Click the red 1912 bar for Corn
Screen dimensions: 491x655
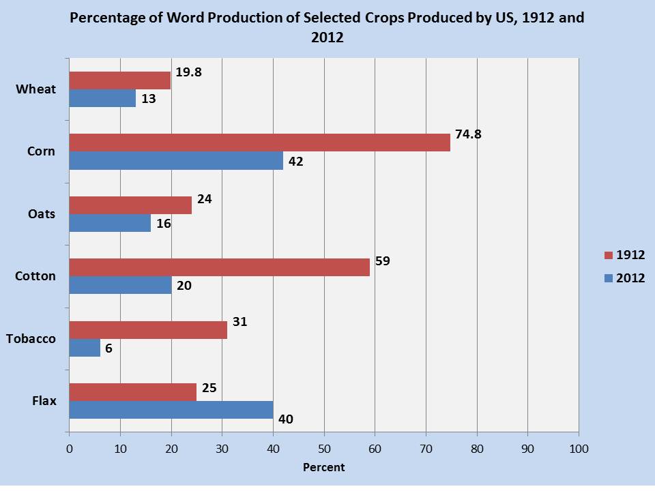pyautogui.click(x=259, y=142)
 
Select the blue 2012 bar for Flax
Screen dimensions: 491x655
pyautogui.click(x=171, y=410)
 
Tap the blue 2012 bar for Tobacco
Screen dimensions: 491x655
pyautogui.click(x=85, y=348)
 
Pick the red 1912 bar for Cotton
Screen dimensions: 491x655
pyautogui.click(x=219, y=267)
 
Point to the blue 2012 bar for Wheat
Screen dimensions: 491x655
pyautogui.click(x=102, y=98)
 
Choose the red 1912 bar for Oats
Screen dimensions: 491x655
pyautogui.click(x=130, y=205)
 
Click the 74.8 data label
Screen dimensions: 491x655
pyautogui.click(x=468, y=134)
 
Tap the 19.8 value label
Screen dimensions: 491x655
pyautogui.click(x=188, y=72)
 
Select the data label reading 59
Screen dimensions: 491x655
pyautogui.click(x=383, y=260)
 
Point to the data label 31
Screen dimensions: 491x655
pyautogui.click(x=239, y=322)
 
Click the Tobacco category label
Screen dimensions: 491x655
pyautogui.click(x=30, y=339)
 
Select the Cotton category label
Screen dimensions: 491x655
pyautogui.click(x=35, y=276)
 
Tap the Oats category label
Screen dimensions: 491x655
pyautogui.click(x=42, y=214)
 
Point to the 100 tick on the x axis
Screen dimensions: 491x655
pyautogui.click(x=579, y=449)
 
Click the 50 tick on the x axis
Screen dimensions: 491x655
pyautogui.click(x=324, y=449)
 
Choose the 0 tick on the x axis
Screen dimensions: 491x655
pyautogui.click(x=69, y=449)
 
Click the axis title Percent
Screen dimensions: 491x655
pyautogui.click(x=323, y=467)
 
